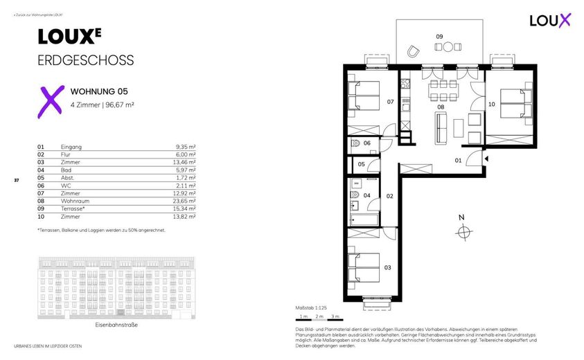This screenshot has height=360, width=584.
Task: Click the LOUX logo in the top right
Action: pos(549,20)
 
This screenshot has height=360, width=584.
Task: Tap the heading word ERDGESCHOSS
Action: pos(85,60)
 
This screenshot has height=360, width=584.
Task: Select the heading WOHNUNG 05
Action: pos(99,91)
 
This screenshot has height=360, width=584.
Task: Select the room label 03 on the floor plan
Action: pos(388,267)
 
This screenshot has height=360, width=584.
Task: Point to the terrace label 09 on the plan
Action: pos(439,36)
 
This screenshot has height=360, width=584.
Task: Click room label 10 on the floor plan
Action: pos(492,105)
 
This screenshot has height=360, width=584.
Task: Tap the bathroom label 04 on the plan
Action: pos(367,196)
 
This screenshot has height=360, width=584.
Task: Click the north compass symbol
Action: pos(462,231)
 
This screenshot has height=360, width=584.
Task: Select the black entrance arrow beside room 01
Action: pos(487,159)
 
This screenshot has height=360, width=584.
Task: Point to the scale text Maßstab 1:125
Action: pos(311,307)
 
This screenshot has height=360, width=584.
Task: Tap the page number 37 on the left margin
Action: pos(16,181)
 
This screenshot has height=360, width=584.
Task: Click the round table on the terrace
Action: pos(448,47)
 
